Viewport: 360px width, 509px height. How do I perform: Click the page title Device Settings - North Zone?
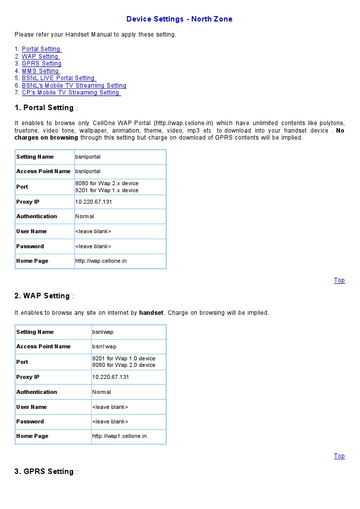(x=179, y=19)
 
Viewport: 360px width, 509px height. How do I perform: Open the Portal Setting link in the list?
(x=41, y=49)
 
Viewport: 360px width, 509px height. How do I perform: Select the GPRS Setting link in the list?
(x=42, y=64)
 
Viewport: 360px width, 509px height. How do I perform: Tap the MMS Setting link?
(x=40, y=71)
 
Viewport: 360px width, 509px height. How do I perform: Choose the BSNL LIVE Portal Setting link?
(x=58, y=78)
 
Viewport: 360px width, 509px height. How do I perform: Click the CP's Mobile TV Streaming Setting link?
(x=71, y=93)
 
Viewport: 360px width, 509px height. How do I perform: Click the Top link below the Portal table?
(x=339, y=280)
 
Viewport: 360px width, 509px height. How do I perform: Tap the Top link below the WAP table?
(x=339, y=456)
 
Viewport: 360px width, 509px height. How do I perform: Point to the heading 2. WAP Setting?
(x=43, y=296)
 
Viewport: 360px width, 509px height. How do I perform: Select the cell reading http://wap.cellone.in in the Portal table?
(x=101, y=261)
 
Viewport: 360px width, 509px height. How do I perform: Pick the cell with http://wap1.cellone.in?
(x=119, y=436)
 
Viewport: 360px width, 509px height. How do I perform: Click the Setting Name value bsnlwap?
(x=103, y=332)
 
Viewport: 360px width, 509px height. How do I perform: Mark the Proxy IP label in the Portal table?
(x=28, y=202)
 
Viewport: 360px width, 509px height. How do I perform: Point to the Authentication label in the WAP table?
(x=37, y=392)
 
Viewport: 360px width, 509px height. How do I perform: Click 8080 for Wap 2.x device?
(x=107, y=183)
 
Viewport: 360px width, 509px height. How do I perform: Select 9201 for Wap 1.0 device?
(x=124, y=358)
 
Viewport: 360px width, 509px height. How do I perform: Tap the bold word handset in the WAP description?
(x=151, y=313)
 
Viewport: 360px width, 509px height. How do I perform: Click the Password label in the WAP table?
(x=30, y=421)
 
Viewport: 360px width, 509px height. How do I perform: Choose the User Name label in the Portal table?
(x=31, y=231)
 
